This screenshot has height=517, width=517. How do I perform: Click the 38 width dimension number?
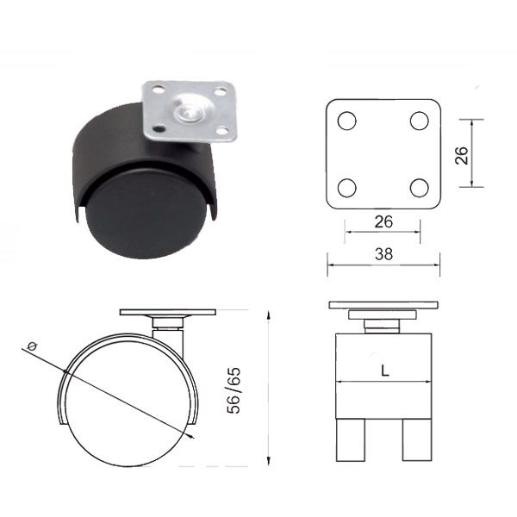[x=383, y=254]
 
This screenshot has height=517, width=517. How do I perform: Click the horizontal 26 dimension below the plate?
[x=383, y=222]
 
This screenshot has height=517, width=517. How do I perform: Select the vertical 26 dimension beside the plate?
[x=462, y=155]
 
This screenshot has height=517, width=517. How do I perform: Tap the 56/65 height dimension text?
[x=234, y=390]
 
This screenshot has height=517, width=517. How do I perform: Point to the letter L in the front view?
[x=385, y=371]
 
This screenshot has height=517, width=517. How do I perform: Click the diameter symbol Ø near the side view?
[x=32, y=346]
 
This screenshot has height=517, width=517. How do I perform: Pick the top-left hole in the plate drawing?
[x=347, y=121]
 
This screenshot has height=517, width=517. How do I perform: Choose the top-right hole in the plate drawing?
[x=420, y=121]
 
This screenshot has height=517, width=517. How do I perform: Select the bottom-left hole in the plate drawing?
[x=347, y=188]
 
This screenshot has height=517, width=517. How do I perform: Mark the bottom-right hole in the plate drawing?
[x=420, y=188]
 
